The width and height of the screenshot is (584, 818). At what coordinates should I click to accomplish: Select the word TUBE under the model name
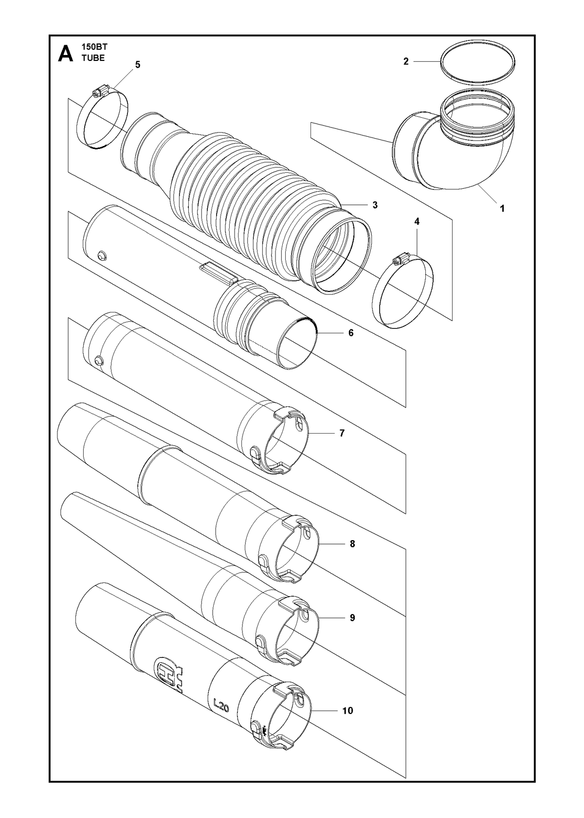93,58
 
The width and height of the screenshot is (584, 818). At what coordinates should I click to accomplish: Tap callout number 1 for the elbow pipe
502,209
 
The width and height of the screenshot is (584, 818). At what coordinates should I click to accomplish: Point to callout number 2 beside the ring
406,62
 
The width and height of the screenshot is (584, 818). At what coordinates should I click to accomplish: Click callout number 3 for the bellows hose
375,205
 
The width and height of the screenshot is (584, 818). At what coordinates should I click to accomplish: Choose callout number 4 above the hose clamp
417,221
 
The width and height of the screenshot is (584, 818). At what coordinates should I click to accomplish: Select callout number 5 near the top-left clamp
138,65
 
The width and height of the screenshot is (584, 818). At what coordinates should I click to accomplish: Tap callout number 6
351,333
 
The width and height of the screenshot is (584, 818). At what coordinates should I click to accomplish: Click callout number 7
342,433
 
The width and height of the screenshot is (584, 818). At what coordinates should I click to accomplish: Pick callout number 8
352,554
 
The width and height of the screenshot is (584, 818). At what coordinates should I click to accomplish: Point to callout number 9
352,618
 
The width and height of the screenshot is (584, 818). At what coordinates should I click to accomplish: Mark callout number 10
347,710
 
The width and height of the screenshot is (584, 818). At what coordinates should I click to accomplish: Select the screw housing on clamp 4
401,260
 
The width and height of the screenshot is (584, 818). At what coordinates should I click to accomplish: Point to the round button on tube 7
98,361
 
